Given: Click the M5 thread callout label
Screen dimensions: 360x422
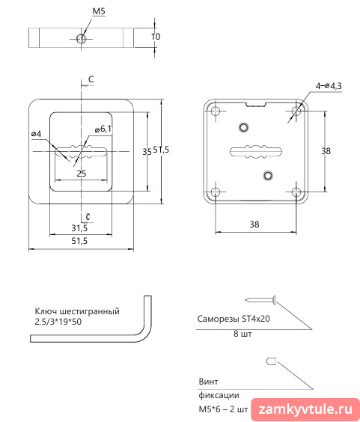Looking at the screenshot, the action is (x=99, y=11).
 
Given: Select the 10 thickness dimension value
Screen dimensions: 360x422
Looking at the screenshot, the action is (x=156, y=37).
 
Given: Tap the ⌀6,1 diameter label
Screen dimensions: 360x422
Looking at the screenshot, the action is (x=103, y=129).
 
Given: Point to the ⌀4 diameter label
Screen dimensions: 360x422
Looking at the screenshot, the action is (x=37, y=134).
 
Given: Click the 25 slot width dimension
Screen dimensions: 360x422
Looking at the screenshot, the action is (x=82, y=174).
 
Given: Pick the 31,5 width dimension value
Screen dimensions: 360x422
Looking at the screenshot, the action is (x=79, y=228).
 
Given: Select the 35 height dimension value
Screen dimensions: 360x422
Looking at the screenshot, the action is (x=147, y=152).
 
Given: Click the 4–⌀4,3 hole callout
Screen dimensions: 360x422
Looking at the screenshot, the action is (x=329, y=86).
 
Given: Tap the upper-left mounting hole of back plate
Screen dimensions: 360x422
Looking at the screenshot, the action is (x=216, y=111).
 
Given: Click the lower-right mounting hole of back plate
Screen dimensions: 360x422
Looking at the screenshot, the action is (x=296, y=192).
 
